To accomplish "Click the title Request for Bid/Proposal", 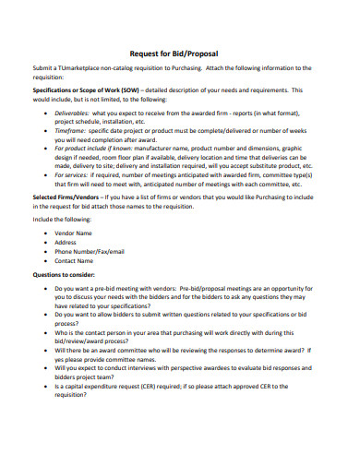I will pyautogui.click(x=179, y=53).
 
